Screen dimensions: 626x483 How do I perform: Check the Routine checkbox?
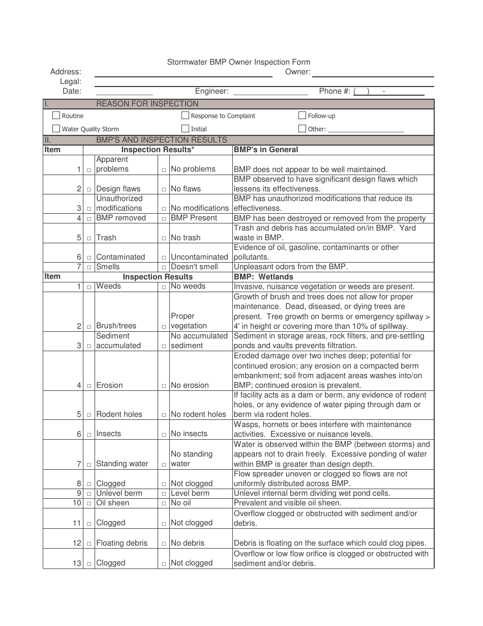pyautogui.click(x=56, y=116)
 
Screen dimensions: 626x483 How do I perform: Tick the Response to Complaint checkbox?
pyautogui.click(x=186, y=116)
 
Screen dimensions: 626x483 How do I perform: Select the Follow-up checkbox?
pyautogui.click(x=303, y=116)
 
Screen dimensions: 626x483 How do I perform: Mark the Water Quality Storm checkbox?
pyautogui.click(x=56, y=129)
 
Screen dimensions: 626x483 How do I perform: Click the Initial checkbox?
pyautogui.click(x=186, y=129)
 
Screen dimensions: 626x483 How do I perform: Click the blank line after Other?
pyautogui.click(x=366, y=130)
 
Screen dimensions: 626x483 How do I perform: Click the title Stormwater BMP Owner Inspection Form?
pyautogui.click(x=239, y=62)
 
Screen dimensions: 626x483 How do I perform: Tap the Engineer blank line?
pyautogui.click(x=270, y=92)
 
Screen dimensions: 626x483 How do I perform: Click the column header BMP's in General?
pyautogui.click(x=266, y=150)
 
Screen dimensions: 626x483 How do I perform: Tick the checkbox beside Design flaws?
pyautogui.click(x=89, y=189)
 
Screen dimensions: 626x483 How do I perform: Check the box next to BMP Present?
pyautogui.click(x=164, y=219)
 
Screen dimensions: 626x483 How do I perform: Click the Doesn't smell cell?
pyautogui.click(x=194, y=267)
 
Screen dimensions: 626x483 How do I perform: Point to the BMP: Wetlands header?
pyautogui.click(x=263, y=277)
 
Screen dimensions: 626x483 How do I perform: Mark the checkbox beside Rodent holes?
pyautogui.click(x=89, y=415)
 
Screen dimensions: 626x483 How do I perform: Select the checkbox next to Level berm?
pyautogui.click(x=164, y=494)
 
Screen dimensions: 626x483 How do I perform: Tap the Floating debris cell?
pyautogui.click(x=122, y=543)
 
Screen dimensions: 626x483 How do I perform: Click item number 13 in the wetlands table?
pyautogui.click(x=77, y=563)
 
